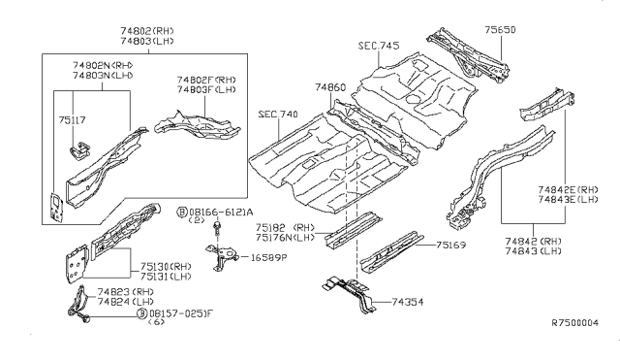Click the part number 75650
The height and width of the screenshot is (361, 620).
coord(500,30)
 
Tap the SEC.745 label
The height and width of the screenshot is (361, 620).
coord(378,46)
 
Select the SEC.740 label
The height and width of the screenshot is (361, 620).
coord(278,114)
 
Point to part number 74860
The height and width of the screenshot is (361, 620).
coord(329,86)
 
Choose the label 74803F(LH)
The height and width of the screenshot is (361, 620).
coord(204,89)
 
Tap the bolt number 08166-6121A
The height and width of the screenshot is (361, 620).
coord(220,211)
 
